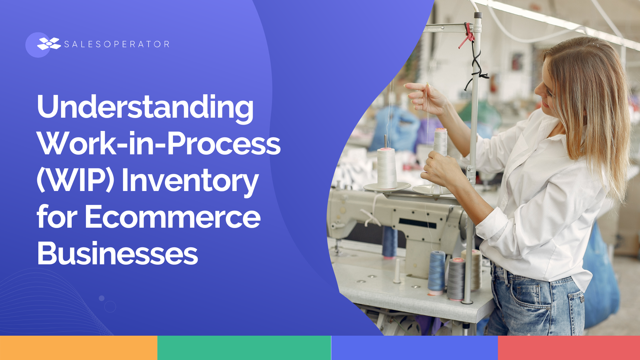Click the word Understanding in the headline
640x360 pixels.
coord(145,107)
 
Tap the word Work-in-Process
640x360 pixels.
coord(159,143)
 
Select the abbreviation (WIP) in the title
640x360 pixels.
coord(75,180)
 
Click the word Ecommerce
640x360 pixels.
coord(173,217)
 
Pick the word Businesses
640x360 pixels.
coord(118,253)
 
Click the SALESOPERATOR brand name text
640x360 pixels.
coord(117,44)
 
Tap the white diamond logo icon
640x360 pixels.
coord(49,44)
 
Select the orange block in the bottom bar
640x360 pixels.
coord(79,348)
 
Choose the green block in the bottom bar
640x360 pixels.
coord(244,348)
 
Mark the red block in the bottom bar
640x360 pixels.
coord(569,348)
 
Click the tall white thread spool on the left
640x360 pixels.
coord(387,168)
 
